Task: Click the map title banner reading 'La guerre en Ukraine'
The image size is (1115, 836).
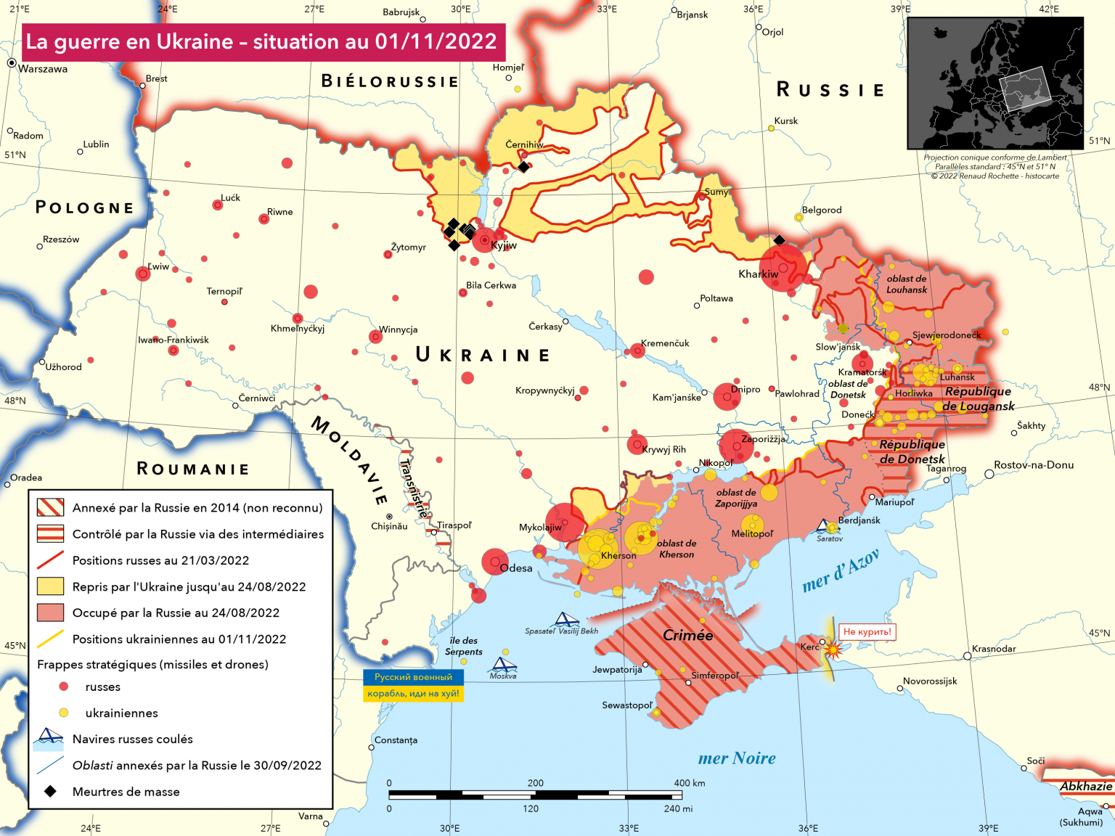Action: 261,42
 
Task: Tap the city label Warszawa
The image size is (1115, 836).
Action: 43,69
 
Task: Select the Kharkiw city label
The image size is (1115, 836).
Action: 758,274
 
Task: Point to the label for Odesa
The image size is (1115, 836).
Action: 516,568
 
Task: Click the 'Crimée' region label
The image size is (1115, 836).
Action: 687,635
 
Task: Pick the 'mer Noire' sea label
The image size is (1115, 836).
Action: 736,758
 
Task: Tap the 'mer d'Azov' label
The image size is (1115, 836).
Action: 841,571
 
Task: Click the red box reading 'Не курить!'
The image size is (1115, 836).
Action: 867,631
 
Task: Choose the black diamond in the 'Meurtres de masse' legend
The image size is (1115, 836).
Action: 50,791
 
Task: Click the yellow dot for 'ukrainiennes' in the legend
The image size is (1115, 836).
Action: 64,713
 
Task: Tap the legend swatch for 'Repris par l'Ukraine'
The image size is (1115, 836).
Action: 50,586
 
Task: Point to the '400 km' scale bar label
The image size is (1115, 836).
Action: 689,783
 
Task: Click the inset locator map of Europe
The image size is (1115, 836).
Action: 994,83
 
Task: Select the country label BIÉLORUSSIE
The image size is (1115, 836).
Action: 390,81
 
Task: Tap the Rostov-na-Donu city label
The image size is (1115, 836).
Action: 1033,465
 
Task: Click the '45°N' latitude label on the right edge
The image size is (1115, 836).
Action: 1099,633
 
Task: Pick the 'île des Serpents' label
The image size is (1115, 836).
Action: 463,646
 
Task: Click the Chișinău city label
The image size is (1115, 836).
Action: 389,526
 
